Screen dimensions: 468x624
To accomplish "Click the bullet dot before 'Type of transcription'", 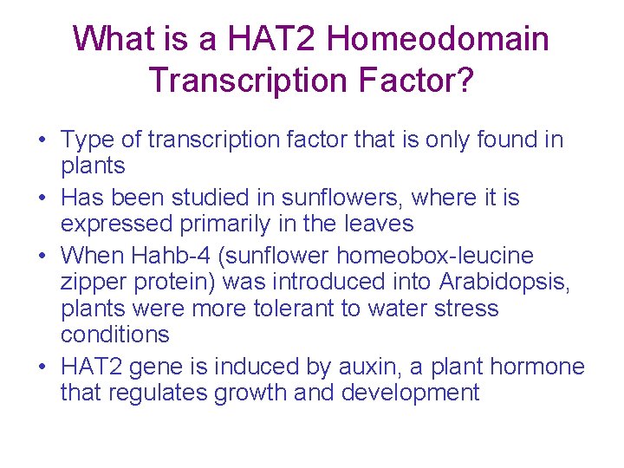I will (x=41, y=140).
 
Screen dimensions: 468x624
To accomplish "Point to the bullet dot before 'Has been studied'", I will (x=41, y=198).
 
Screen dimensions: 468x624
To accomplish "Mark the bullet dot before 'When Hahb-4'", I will (x=41, y=257).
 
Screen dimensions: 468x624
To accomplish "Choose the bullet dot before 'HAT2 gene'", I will (x=41, y=367).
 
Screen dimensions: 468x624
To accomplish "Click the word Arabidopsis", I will (x=505, y=283).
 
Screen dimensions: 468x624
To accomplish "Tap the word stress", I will (x=466, y=309).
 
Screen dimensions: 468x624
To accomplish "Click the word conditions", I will (x=114, y=335).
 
